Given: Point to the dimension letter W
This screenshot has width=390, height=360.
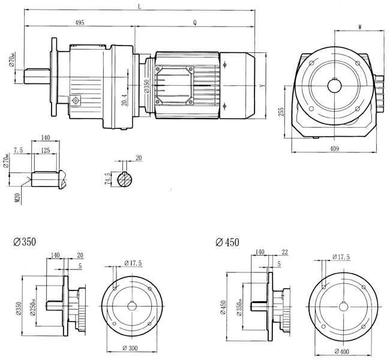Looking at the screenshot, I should tap(359, 27).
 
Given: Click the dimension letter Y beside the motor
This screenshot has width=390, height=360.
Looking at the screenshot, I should tap(262, 86).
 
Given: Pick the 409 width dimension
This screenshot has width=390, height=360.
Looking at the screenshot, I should tap(334, 148).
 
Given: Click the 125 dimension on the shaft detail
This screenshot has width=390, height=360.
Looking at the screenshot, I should tap(46, 151).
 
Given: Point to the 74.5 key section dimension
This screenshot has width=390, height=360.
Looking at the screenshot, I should tap(108, 179).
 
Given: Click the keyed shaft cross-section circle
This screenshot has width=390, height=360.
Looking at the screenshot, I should tap(127, 179).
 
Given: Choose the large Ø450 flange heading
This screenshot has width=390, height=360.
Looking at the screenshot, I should tap(226, 242).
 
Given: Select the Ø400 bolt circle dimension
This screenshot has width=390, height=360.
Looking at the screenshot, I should tap(342, 350).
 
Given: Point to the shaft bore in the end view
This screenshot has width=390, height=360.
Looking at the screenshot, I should tap(334, 85).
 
